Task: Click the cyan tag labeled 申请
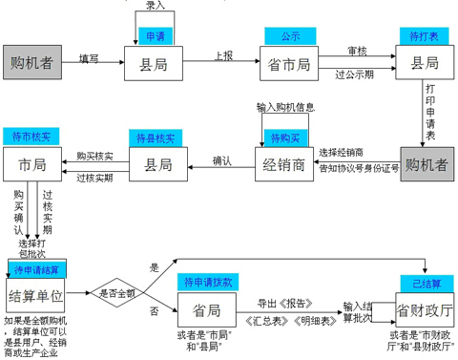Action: point(155,37)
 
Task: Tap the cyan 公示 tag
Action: point(289,36)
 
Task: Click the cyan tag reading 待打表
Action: point(423,37)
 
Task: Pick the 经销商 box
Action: point(284,165)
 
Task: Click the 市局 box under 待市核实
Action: point(31,165)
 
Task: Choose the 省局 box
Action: point(206,310)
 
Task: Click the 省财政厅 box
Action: point(423,310)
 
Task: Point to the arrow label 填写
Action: point(89,57)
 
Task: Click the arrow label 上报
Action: point(222,55)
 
